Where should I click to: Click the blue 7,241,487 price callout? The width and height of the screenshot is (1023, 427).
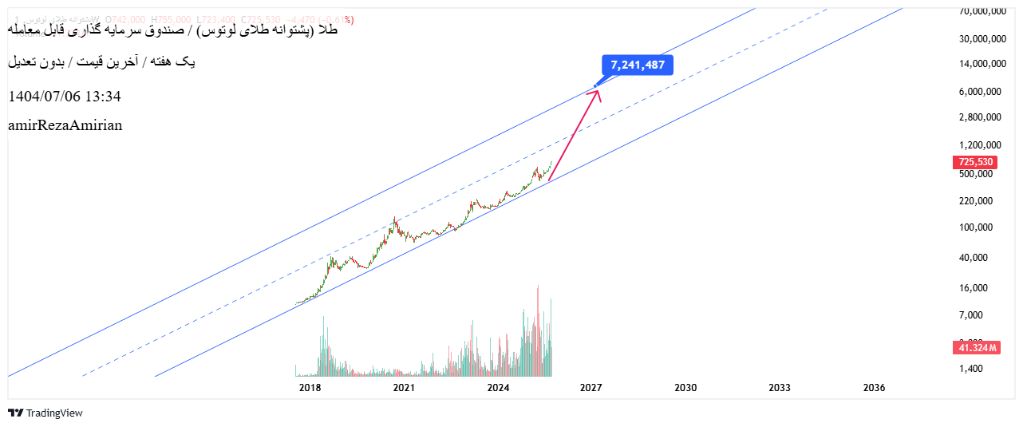coord(638,65)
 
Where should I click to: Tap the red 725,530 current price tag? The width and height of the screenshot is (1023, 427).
coord(975,162)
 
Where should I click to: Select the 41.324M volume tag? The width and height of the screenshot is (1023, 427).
coord(975,348)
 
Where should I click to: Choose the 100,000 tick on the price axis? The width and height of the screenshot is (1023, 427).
coord(980,227)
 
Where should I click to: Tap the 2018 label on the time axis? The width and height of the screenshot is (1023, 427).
coord(310,388)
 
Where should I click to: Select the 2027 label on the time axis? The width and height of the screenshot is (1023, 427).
coord(590,388)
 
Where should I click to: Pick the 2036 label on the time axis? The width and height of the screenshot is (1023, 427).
coord(874,388)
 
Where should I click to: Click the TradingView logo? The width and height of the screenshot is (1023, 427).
coord(45,413)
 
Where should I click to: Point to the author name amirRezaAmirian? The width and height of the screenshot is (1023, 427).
coord(65,125)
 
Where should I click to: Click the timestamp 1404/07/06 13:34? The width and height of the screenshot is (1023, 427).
coord(65,97)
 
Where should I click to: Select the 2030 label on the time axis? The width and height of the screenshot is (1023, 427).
coord(685,388)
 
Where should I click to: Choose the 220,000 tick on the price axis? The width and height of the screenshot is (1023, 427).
coord(980,201)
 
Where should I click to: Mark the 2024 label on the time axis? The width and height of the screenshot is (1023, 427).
coord(499,388)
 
